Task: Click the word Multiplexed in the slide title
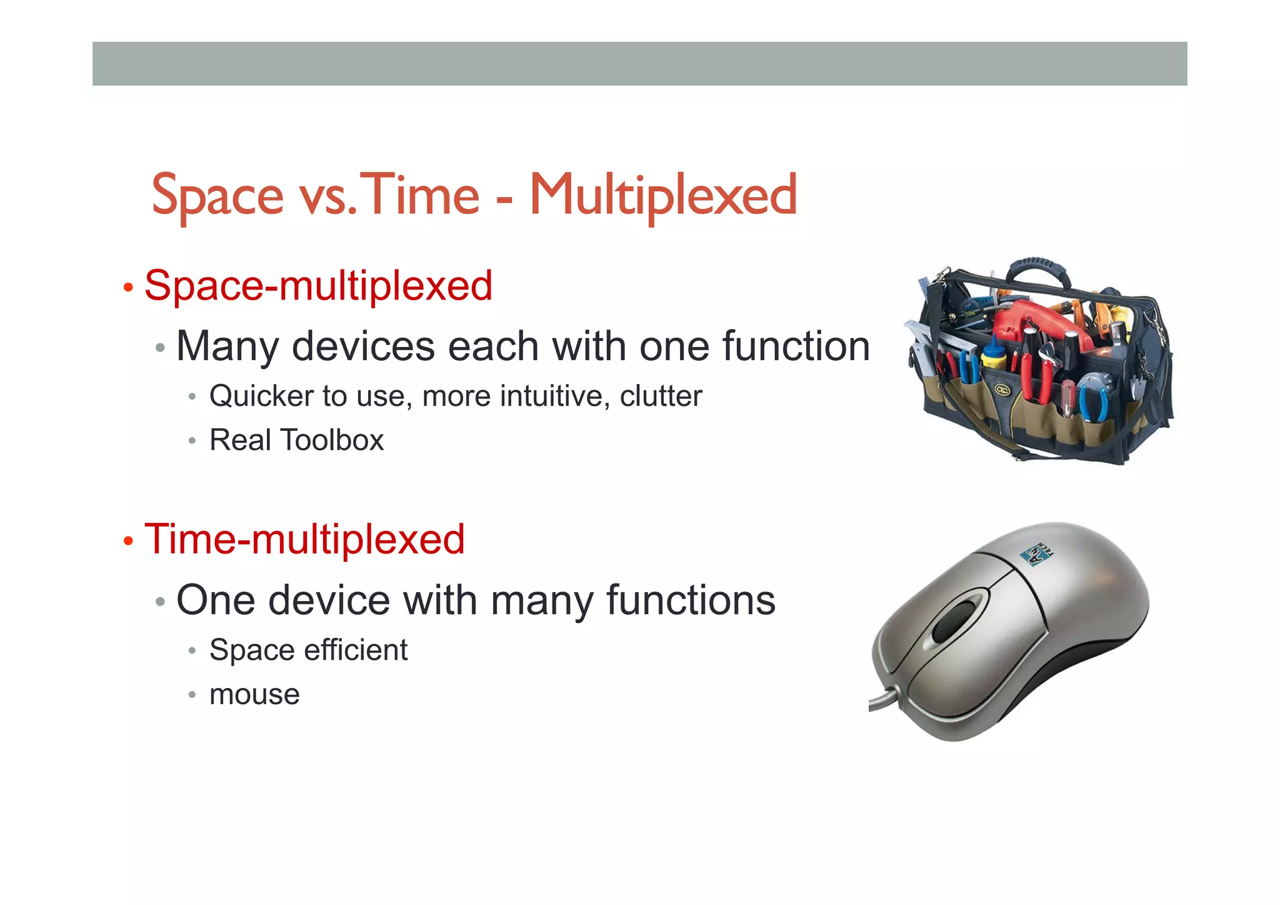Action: click(663, 196)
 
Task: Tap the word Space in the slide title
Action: click(217, 196)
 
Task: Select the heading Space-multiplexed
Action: click(318, 286)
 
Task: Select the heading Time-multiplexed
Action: click(304, 540)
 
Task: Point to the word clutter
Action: click(661, 397)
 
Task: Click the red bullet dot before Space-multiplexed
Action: click(128, 288)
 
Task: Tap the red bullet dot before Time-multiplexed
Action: click(128, 542)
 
